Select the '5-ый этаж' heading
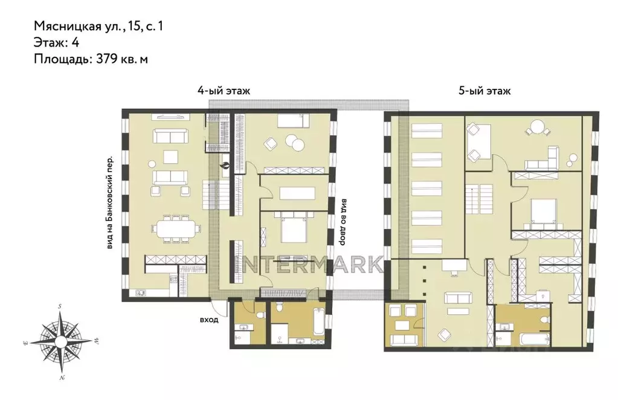(x=484, y=91)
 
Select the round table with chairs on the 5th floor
(x=538, y=129)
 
